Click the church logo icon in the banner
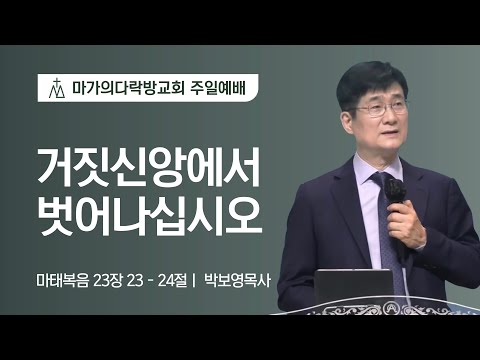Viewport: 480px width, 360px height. (58, 88)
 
